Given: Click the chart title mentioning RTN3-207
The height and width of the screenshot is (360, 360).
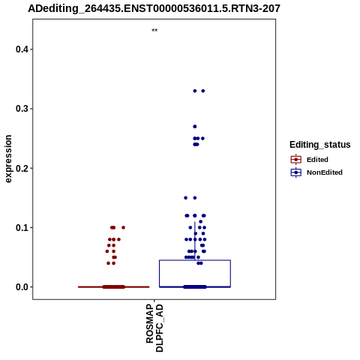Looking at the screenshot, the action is [x=154, y=8].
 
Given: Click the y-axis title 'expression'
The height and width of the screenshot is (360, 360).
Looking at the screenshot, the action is [x=8, y=159].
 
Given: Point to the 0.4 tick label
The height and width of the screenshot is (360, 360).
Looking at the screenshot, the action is [x=21, y=49].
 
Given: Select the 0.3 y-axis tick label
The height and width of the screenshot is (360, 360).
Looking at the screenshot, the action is [x=21, y=109].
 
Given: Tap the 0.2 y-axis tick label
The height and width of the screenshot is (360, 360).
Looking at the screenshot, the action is [x=21, y=168].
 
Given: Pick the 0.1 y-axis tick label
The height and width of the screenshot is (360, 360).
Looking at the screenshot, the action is [x=21, y=228].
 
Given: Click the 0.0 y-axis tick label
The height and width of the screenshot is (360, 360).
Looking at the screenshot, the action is [x=21, y=287].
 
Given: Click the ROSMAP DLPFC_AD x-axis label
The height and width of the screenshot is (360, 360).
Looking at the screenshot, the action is [x=154, y=328].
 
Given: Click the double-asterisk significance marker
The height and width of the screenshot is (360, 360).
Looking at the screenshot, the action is [x=154, y=31].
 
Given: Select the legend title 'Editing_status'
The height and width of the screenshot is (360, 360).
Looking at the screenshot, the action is [x=320, y=145].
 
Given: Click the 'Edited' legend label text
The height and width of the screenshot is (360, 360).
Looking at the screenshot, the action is [x=317, y=160].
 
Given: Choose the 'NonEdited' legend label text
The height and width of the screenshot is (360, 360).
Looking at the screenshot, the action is [x=325, y=172].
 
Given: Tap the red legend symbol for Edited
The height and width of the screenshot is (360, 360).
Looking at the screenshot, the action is [x=296, y=160].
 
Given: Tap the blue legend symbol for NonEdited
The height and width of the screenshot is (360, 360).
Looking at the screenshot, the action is [x=296, y=172].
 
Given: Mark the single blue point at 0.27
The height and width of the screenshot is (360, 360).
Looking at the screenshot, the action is [x=195, y=127].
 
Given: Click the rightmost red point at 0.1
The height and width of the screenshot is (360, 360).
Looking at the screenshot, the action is [x=123, y=227].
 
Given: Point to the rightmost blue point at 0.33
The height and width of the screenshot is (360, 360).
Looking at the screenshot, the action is [x=203, y=91].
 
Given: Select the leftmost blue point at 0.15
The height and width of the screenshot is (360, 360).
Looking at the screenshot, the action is [x=186, y=198].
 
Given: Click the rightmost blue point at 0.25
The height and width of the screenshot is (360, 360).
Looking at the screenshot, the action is [x=202, y=139].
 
